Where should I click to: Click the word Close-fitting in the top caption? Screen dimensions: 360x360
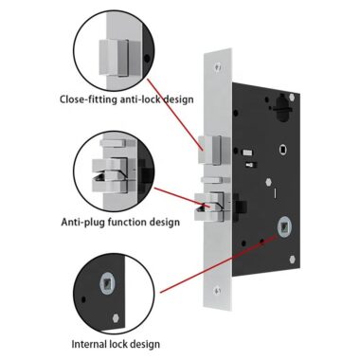pos(90,99)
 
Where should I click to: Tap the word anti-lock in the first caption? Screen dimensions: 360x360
pos(144,99)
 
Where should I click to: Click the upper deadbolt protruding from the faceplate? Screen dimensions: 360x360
pos(210,147)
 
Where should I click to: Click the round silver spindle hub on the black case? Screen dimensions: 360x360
pos(282,228)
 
